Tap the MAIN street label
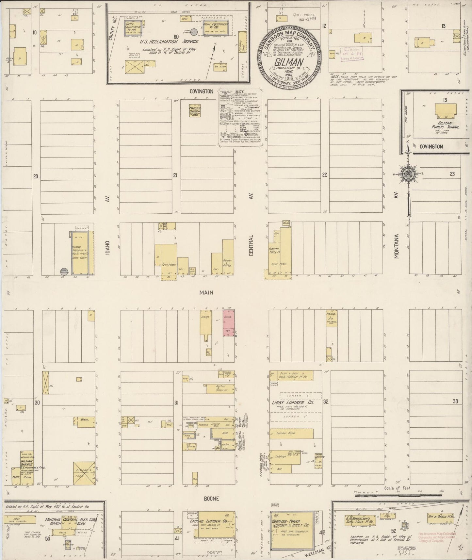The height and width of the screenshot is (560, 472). pyautogui.click(x=206, y=293)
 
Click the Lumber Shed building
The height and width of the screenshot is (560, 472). pyautogui.click(x=291, y=433)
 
